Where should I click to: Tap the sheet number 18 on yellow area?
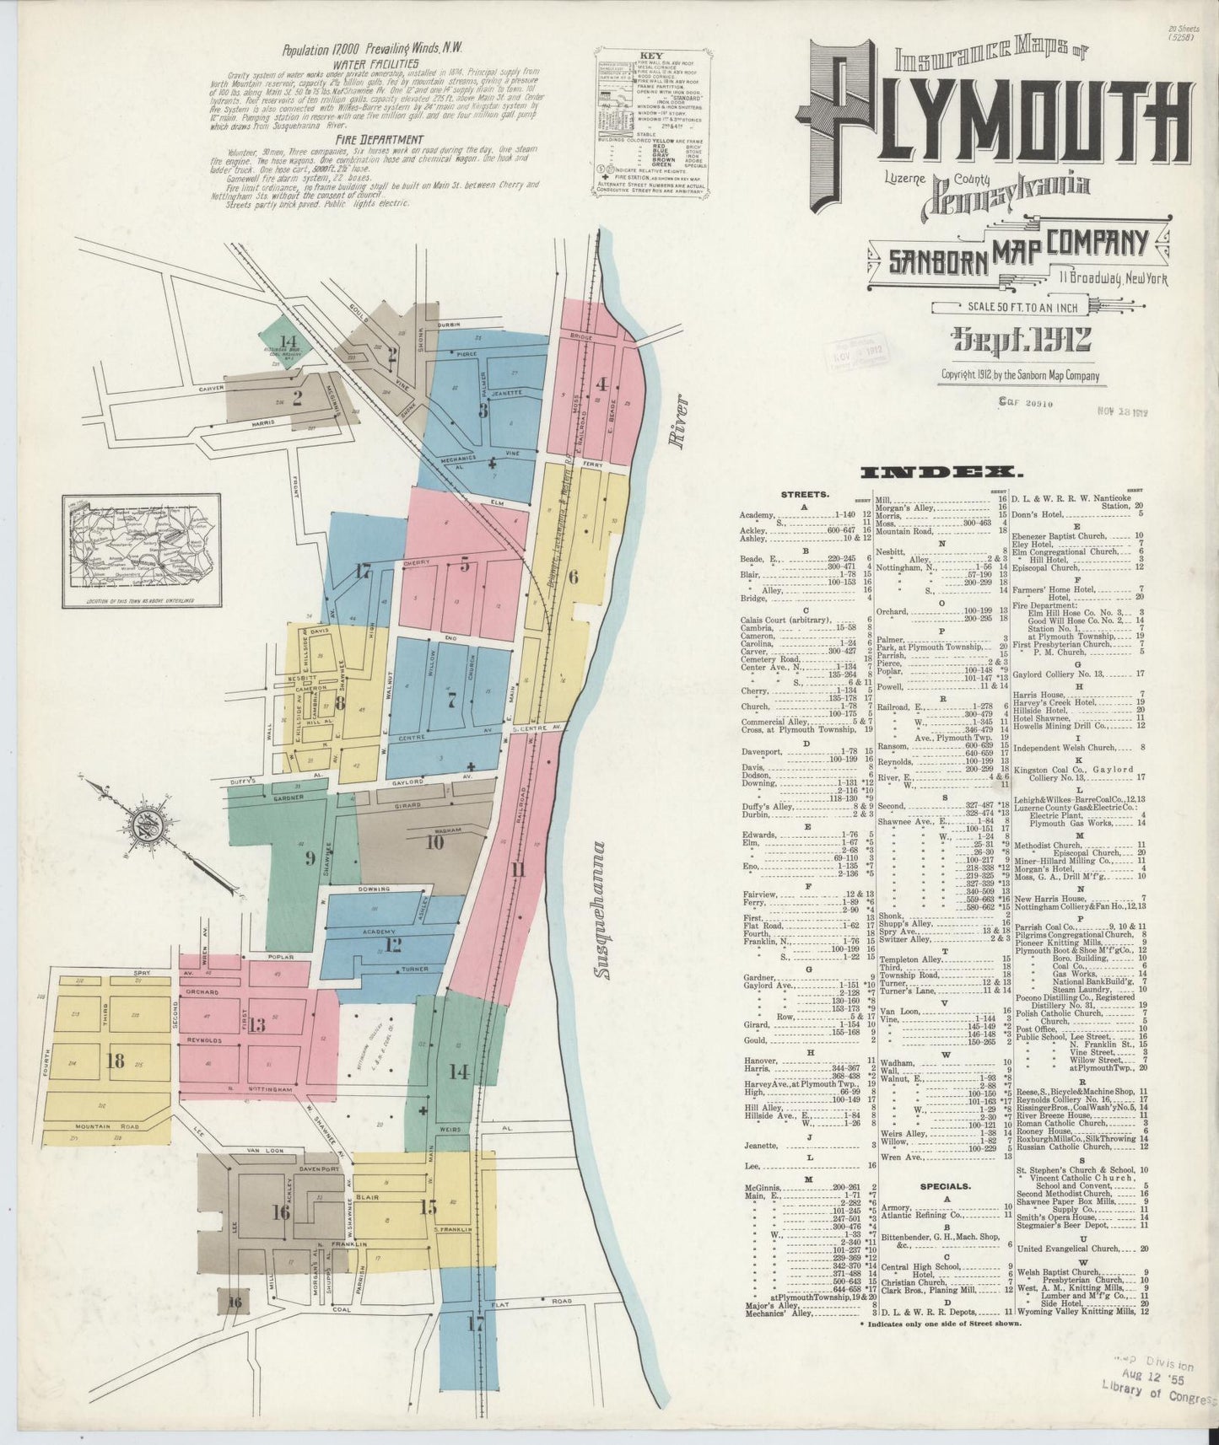[x=116, y=1060]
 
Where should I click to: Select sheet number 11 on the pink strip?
[x=517, y=871]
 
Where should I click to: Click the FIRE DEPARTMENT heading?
[x=377, y=139]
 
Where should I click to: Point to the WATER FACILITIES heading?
[x=376, y=63]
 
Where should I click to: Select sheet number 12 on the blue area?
[x=392, y=943]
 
